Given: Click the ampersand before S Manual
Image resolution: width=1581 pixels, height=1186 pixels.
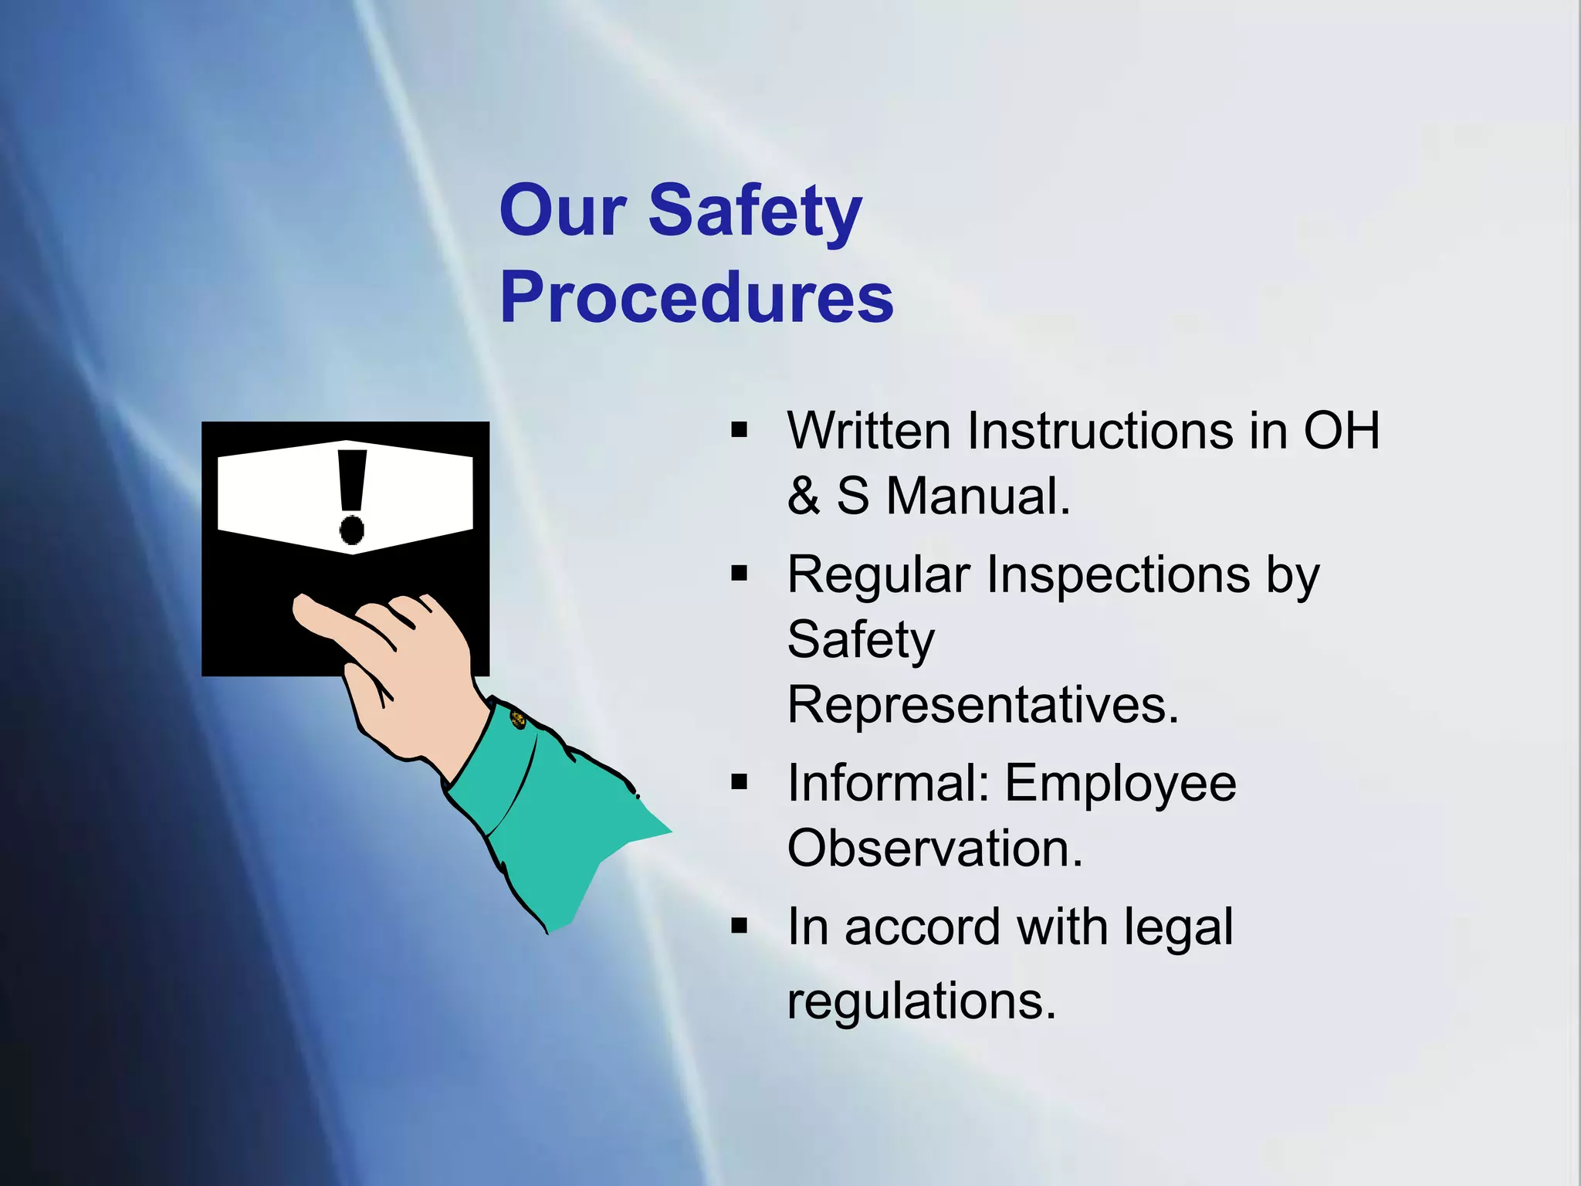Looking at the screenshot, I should [x=804, y=496].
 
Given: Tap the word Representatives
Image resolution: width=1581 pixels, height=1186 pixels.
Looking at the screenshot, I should [x=983, y=705].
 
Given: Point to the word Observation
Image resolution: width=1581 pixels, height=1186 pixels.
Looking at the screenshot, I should [x=935, y=849].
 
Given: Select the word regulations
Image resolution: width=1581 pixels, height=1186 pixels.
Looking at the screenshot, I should [x=921, y=1001].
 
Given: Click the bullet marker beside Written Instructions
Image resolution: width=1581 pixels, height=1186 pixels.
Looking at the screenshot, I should [x=740, y=430].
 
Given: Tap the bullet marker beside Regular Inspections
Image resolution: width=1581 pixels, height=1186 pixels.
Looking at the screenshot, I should [x=740, y=574].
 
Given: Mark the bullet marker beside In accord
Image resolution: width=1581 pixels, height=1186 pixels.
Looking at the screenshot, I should [x=740, y=925].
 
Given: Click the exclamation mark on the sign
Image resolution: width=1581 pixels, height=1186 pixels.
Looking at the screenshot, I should [x=352, y=496].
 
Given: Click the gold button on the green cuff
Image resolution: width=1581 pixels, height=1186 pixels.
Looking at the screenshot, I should [x=518, y=720].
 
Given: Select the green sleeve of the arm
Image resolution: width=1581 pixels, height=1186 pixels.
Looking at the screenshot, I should [x=556, y=818].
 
